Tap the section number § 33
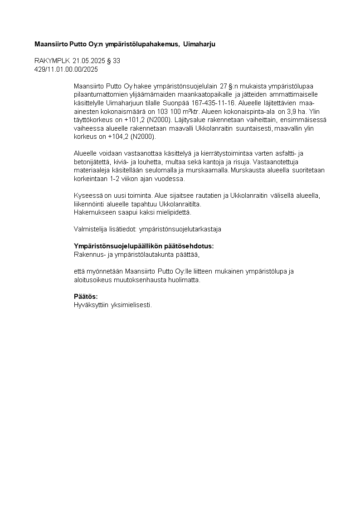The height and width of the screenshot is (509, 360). click(114, 61)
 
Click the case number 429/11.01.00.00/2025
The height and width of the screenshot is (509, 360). click(66, 69)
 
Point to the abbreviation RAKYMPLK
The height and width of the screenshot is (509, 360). click(53, 61)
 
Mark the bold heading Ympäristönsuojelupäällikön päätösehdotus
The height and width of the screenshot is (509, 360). click(144, 246)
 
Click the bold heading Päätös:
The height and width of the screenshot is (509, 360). click(86, 297)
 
